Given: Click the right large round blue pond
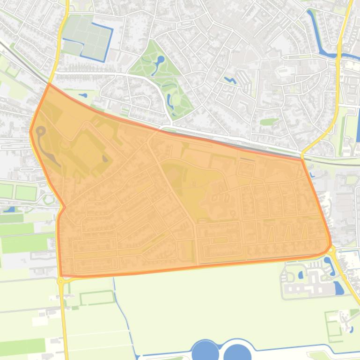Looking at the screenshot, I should (237, 352).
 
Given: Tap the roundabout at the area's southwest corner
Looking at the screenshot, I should (60, 281).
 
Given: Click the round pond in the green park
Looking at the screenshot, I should (160, 59).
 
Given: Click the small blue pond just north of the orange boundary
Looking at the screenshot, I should (83, 95).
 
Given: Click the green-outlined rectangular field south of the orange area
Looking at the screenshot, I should (97, 297).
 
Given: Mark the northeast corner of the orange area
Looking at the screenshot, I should (302, 159).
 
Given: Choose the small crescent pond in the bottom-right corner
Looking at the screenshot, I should (351, 329).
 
